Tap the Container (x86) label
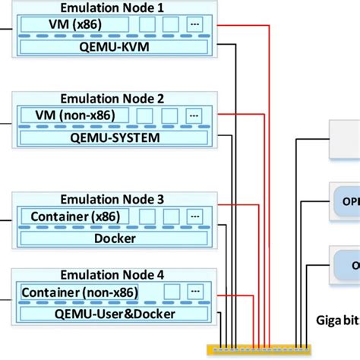[x=71, y=216]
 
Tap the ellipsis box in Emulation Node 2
[x=196, y=115]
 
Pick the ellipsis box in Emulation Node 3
[x=196, y=216]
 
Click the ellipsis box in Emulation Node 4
[x=196, y=292]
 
